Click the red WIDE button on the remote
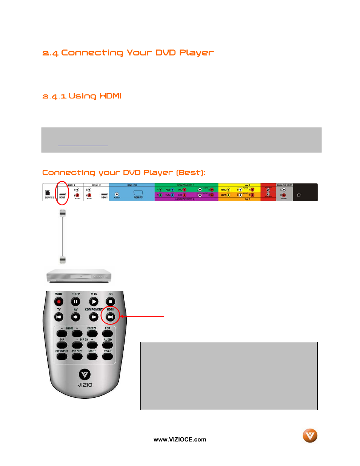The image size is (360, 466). coord(59,301)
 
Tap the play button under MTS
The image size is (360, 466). coord(94,301)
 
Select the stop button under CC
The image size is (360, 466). coord(110,301)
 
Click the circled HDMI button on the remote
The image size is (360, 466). coord(110,317)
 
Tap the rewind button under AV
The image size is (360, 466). coord(76,317)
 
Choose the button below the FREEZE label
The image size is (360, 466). coord(92,334)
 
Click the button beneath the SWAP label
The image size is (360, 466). coord(108,357)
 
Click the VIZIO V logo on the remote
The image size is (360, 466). coord(85,374)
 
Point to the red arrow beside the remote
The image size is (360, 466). coord(142,316)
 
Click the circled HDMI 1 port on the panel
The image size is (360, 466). coord(62,194)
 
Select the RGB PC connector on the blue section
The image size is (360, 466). coord(138,193)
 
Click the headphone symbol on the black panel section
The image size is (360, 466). coord(299,195)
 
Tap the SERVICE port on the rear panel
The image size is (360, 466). coord(48,193)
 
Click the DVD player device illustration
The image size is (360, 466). coord(78,276)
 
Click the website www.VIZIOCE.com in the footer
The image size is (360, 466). coord(180,440)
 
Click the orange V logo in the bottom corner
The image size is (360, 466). coord(310,436)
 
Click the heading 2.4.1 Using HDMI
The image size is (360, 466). coord(82,96)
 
